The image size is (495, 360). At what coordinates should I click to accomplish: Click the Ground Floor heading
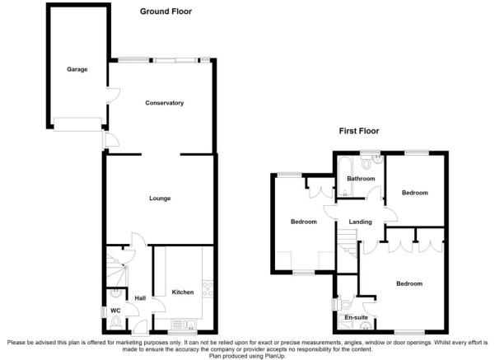coord(166,12)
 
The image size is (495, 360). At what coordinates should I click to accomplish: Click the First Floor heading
coord(359,131)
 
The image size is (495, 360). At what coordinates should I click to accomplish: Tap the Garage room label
coord(77,69)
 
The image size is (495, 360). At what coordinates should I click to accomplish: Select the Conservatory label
coord(164,103)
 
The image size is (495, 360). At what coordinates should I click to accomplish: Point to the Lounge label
coord(160,199)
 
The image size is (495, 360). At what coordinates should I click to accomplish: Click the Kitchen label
coord(183,292)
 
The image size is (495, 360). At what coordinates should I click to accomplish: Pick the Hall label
coord(140,298)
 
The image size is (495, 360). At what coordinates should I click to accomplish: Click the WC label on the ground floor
coord(115,311)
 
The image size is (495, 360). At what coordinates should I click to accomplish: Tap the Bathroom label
coord(361,179)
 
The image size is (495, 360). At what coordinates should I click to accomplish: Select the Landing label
coord(360,222)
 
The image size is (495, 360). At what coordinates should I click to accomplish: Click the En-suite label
coord(356,317)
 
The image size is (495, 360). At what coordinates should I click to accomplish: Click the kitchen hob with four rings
coord(208,289)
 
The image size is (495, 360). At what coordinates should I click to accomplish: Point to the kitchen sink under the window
coord(184,324)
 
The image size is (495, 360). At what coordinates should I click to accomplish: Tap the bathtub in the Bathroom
coord(343,176)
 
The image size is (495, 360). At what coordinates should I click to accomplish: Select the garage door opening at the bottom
coord(77,124)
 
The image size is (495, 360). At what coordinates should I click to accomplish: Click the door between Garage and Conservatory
coord(113,95)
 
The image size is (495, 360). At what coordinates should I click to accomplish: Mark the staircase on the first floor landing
coord(348,242)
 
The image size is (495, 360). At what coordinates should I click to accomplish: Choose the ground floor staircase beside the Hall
coord(116,269)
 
